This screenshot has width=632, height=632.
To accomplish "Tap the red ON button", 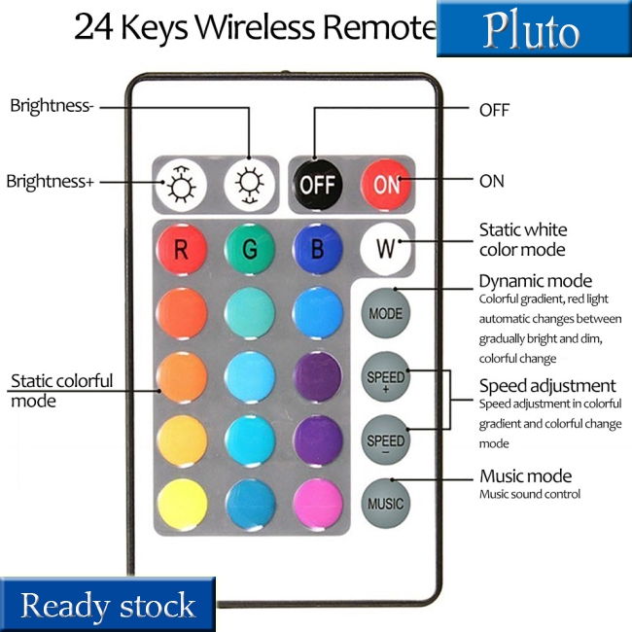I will (x=386, y=183).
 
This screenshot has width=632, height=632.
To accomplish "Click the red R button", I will (x=182, y=249).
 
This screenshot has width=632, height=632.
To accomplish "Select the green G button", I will (x=250, y=249).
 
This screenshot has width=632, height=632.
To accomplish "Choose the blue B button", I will (x=317, y=249).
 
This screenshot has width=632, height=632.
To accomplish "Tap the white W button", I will (x=386, y=249).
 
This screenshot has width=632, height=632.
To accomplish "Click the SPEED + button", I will (x=386, y=376).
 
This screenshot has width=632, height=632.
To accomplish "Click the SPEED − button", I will (x=386, y=440).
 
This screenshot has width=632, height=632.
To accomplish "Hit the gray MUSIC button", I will (x=386, y=504).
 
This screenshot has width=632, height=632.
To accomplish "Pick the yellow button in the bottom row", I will (x=182, y=504).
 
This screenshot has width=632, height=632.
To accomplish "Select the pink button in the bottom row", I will (x=317, y=504).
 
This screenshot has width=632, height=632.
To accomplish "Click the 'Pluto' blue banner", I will (x=533, y=30).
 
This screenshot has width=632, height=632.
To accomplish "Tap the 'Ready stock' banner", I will (x=108, y=606).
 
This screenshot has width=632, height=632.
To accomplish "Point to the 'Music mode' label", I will (x=525, y=475).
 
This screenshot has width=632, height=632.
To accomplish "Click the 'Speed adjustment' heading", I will (x=546, y=385).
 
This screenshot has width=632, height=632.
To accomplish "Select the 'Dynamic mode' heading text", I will (x=535, y=281).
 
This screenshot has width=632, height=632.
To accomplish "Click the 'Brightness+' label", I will (x=50, y=181).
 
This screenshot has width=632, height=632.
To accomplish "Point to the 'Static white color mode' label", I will (x=522, y=239).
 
